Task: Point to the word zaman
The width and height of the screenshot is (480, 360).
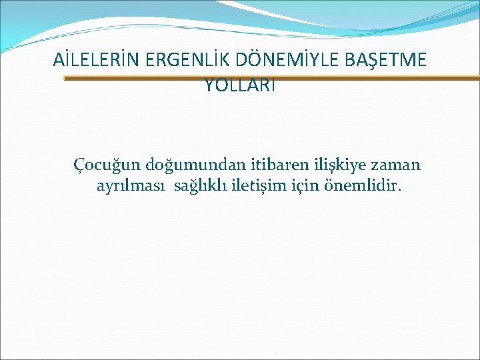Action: click(x=399, y=165)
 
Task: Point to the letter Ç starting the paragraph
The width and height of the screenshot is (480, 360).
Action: click(x=79, y=165)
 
